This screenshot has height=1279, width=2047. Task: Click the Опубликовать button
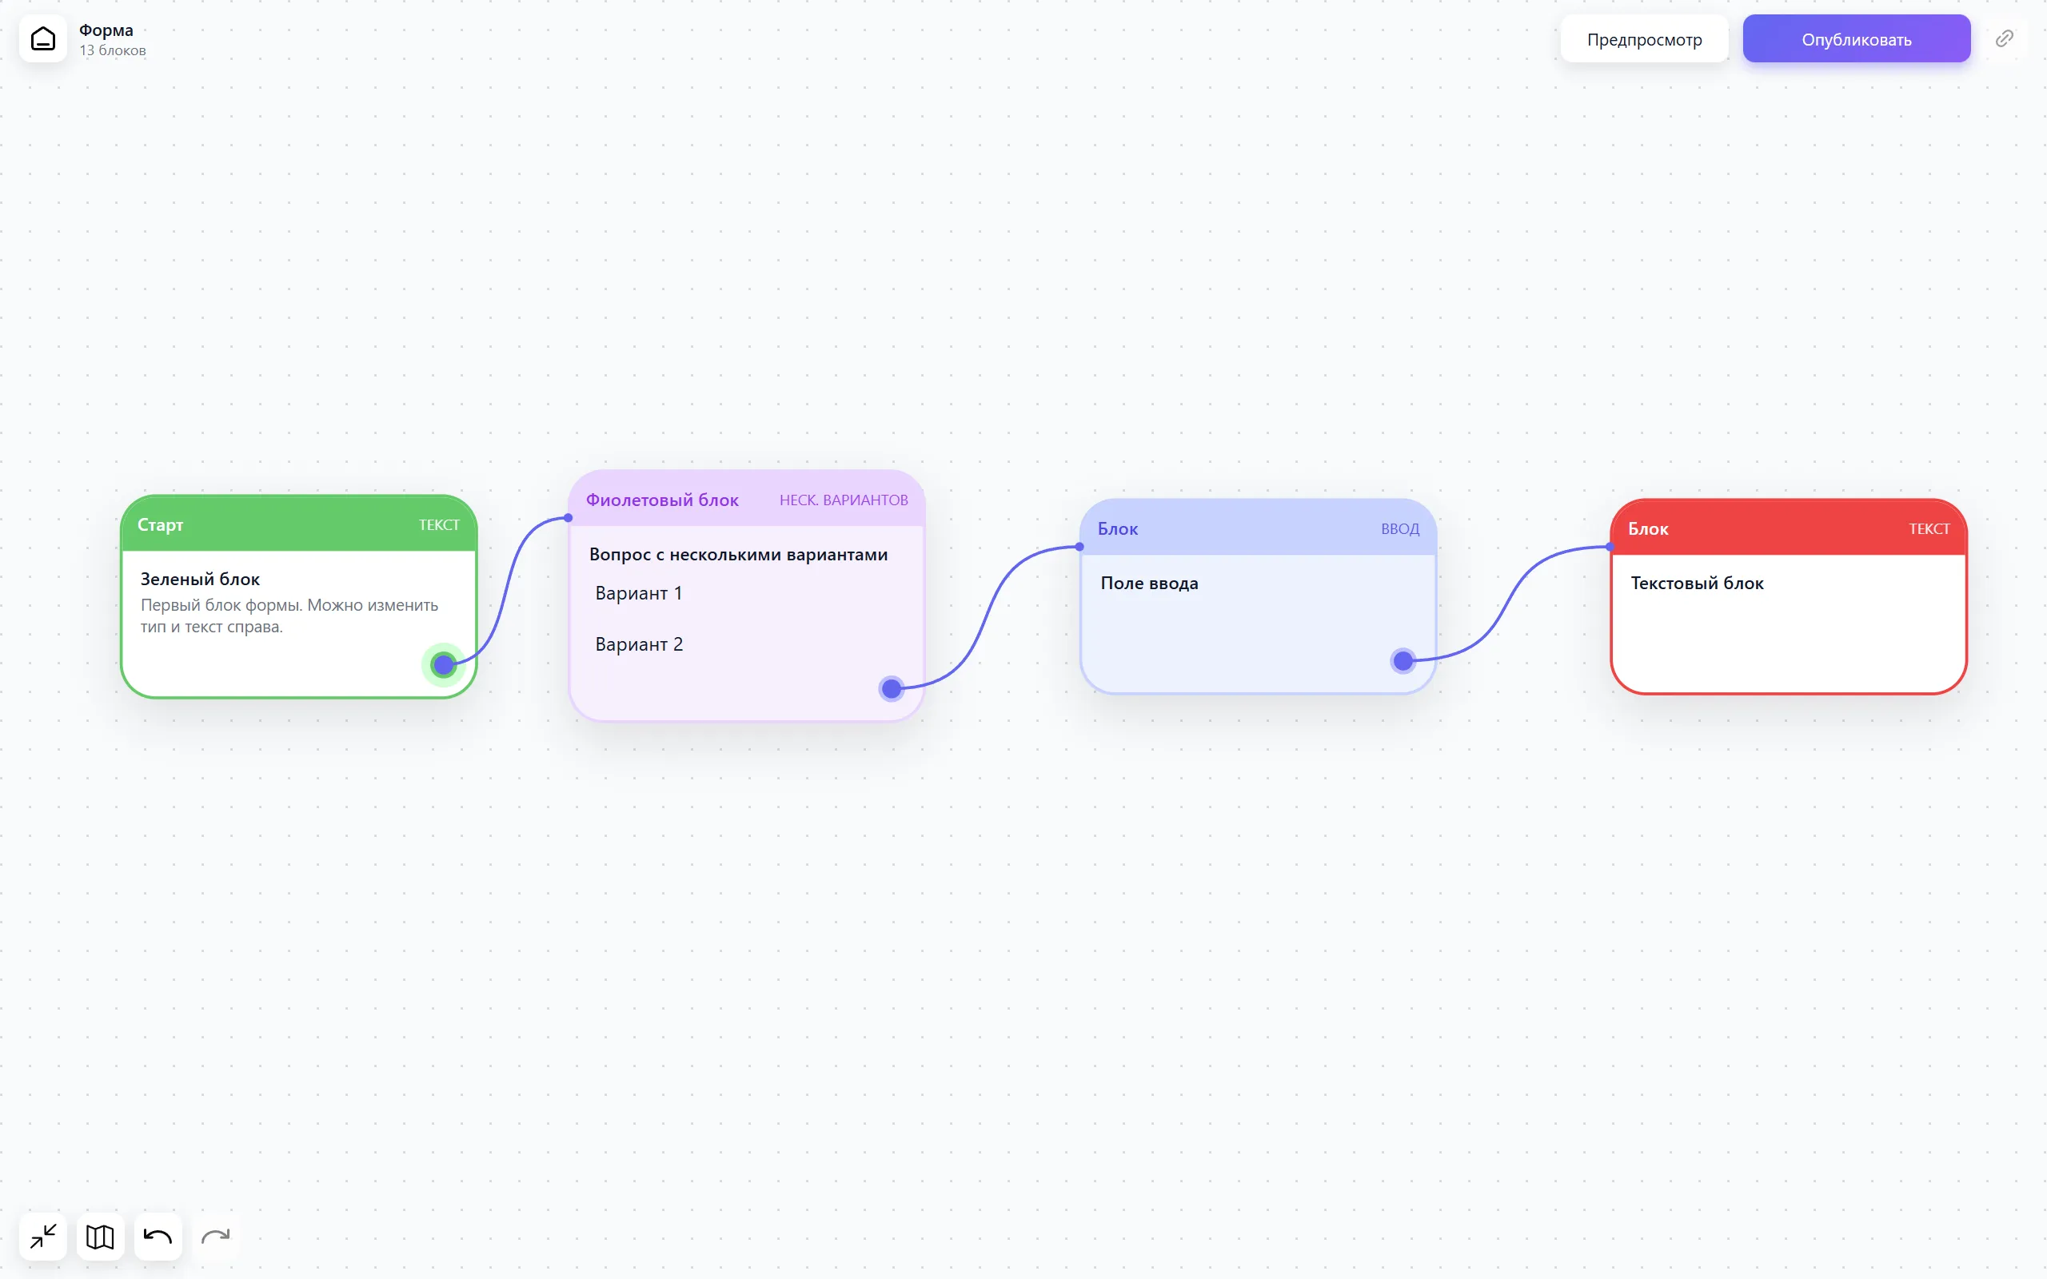[1856, 39]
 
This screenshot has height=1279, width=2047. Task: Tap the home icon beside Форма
[43, 39]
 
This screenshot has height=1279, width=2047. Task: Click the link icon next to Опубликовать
[2004, 39]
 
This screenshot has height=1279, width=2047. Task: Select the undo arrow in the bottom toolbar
[158, 1237]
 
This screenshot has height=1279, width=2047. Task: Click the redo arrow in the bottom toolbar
[216, 1237]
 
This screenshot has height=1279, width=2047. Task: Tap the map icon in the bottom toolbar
[101, 1237]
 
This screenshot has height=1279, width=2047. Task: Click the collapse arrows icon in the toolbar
[43, 1237]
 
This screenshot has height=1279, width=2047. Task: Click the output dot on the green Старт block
[443, 665]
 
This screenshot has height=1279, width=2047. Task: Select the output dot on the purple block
[891, 688]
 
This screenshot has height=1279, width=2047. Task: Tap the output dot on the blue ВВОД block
[1403, 660]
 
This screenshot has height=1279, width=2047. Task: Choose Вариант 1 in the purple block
[639, 593]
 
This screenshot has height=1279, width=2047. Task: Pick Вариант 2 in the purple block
[639, 643]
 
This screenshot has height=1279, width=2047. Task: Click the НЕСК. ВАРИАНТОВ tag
[844, 500]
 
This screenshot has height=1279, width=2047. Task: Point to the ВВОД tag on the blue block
[1400, 528]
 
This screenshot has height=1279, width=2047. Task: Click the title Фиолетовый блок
[662, 500]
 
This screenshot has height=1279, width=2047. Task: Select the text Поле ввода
[1149, 583]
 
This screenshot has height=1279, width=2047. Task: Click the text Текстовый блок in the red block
[1697, 583]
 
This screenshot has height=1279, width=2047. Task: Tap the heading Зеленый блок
[200, 579]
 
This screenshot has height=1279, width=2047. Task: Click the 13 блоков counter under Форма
[113, 50]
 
